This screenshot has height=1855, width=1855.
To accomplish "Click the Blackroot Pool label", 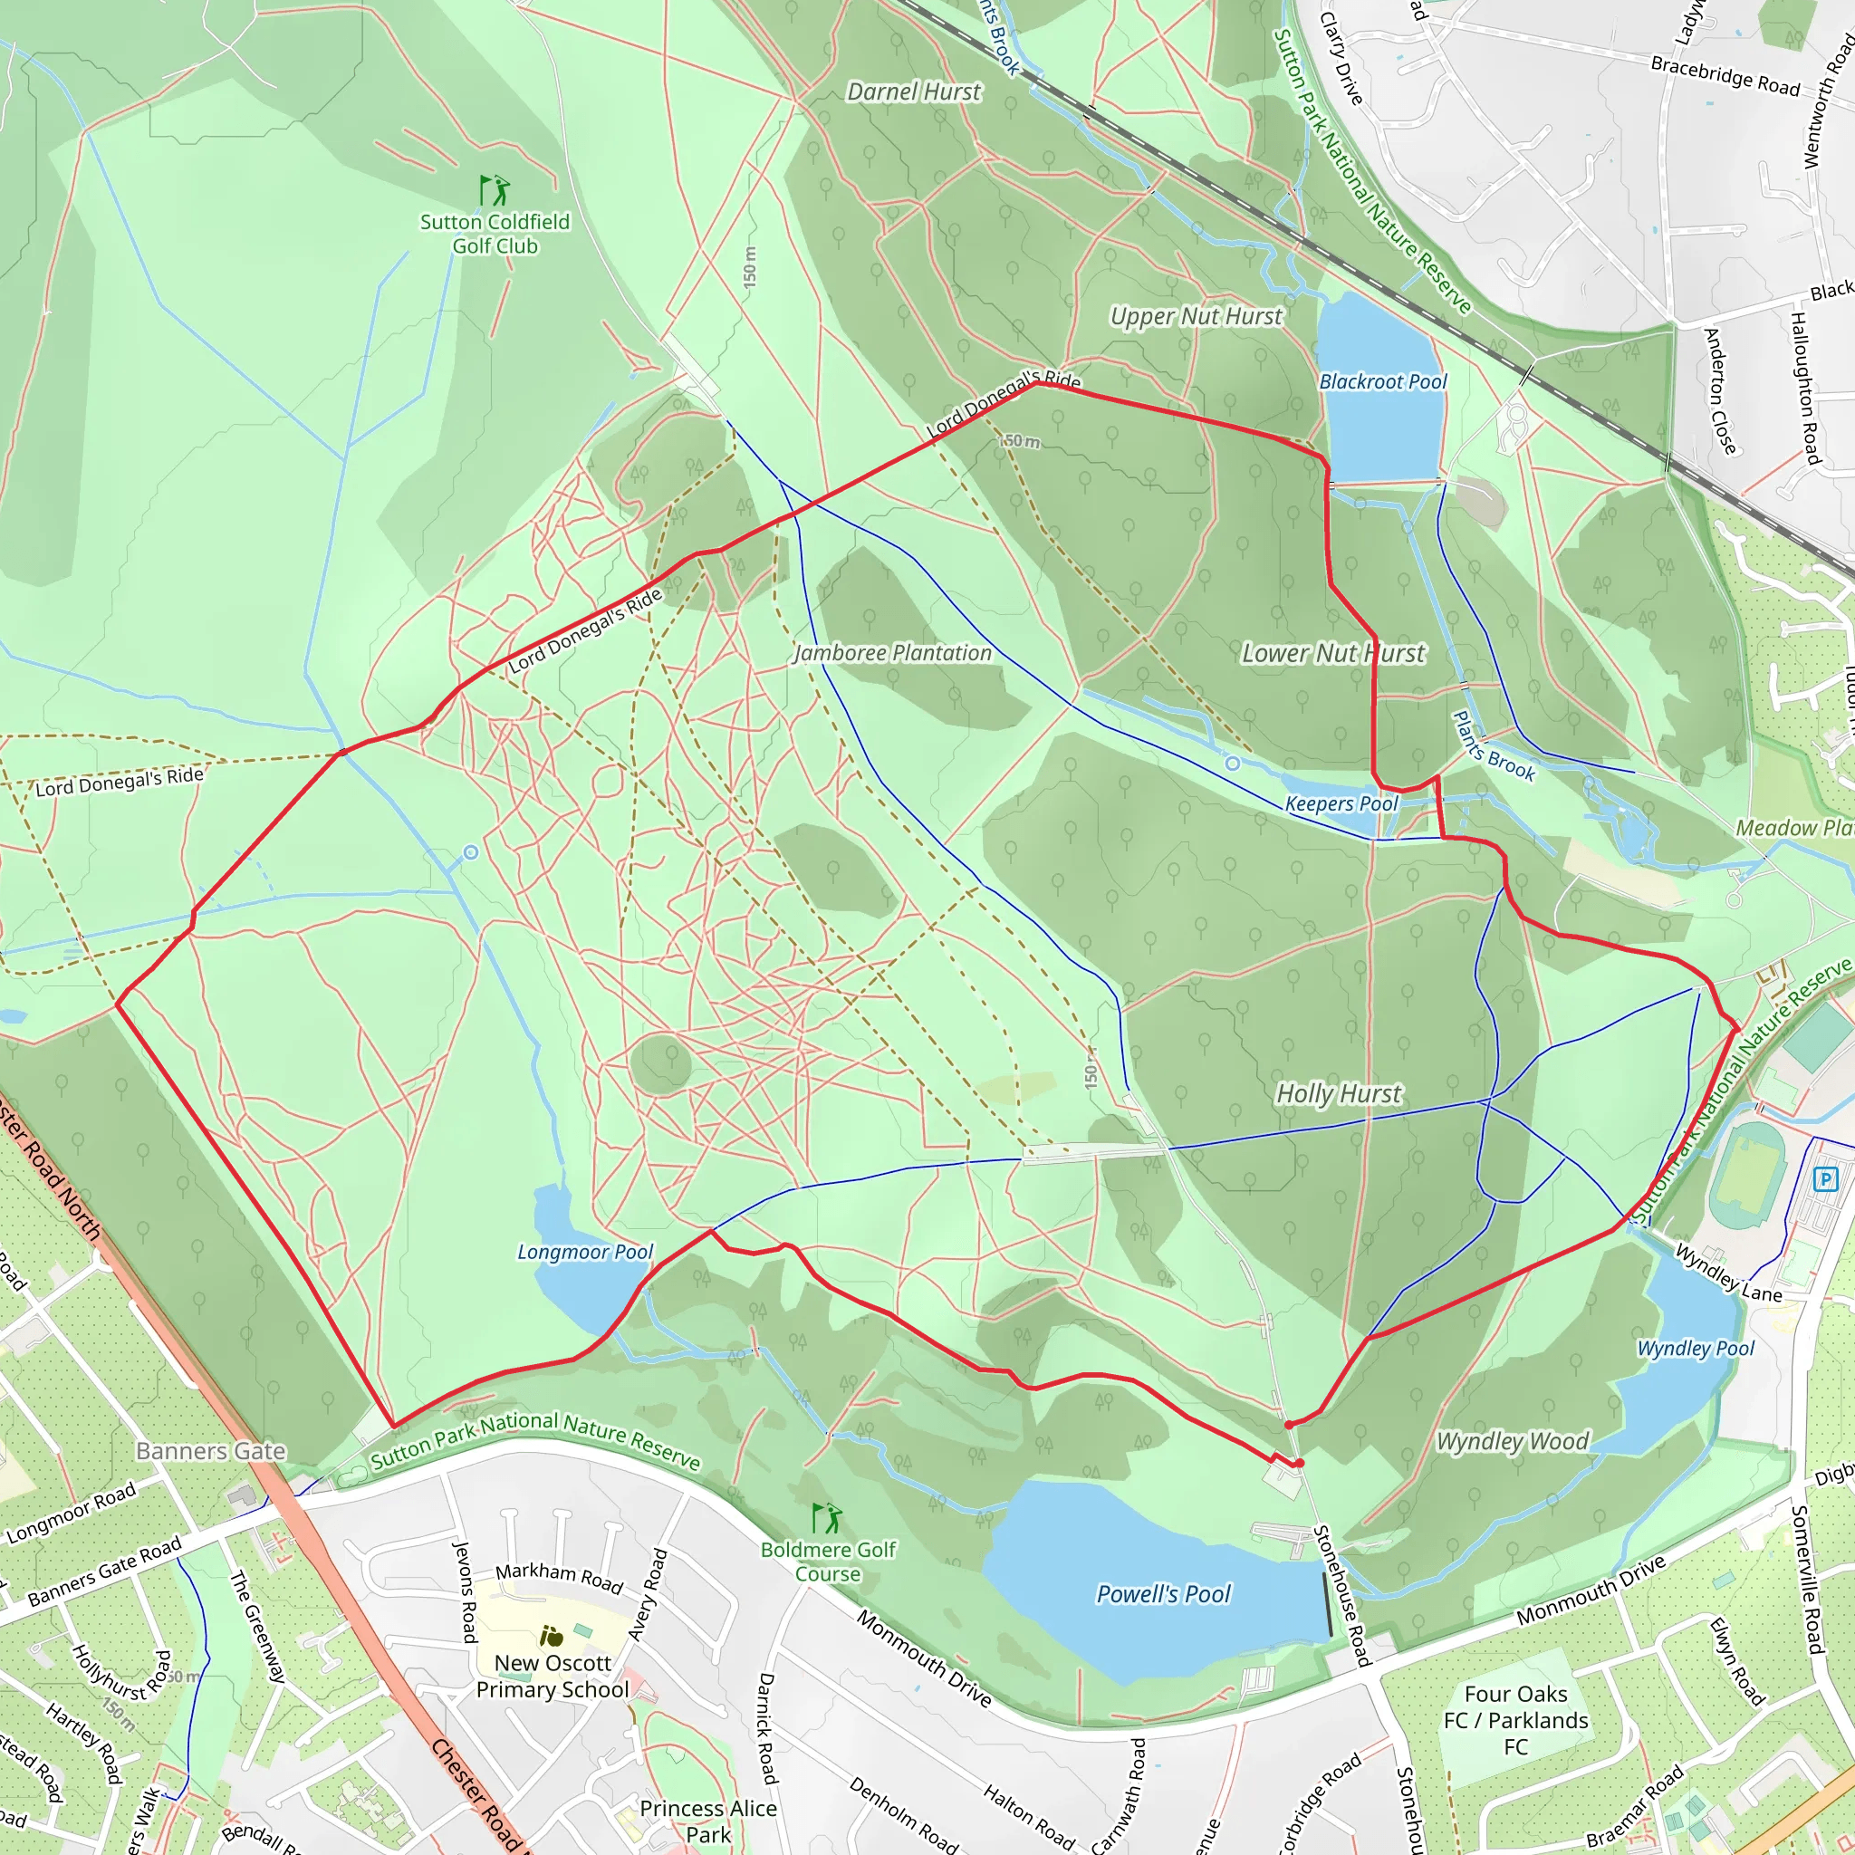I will click(x=1382, y=381).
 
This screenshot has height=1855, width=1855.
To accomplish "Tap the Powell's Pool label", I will click(x=1163, y=1594).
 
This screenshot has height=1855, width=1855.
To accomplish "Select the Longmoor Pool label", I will click(x=585, y=1252).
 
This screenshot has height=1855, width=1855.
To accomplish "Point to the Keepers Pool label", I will click(x=1341, y=803).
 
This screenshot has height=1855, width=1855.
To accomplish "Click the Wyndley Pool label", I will click(x=1696, y=1348).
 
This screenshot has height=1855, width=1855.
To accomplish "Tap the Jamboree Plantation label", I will click(x=892, y=653).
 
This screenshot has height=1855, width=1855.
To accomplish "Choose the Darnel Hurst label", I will click(x=913, y=92).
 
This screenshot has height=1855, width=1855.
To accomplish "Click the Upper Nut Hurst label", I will click(x=1196, y=316).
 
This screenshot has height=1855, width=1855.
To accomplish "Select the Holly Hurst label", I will click(x=1339, y=1093).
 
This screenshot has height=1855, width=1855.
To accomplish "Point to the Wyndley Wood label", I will click(x=1513, y=1441).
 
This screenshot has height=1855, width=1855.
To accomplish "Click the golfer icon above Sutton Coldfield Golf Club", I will click(x=495, y=190).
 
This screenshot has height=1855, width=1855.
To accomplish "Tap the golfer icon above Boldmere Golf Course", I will click(x=827, y=1518).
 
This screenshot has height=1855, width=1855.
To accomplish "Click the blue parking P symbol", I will click(x=1825, y=1179).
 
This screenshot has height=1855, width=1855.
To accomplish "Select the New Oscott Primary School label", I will click(x=553, y=1676).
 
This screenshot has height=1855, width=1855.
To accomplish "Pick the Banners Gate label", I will click(x=210, y=1451).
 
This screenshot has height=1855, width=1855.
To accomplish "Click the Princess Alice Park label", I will click(x=707, y=1821).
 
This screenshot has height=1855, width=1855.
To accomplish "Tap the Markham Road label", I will click(x=559, y=1577).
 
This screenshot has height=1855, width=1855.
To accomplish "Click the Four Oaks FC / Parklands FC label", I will click(x=1515, y=1720).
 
